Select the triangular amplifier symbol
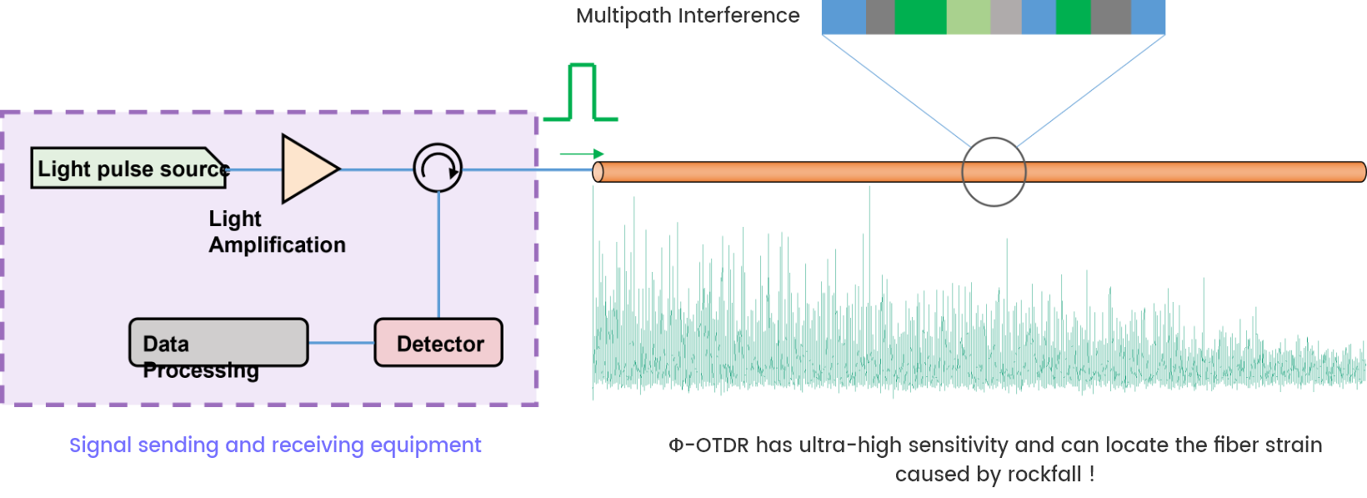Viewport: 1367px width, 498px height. point(307,169)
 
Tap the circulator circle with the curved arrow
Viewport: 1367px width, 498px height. point(438,169)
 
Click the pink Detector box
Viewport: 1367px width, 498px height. point(438,343)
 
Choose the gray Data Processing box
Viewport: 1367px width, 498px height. point(218,343)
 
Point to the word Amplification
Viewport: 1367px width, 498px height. point(277,245)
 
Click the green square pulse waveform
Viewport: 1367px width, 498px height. point(582,92)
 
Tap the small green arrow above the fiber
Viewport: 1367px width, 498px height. point(582,154)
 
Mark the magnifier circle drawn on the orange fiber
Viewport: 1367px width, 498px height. point(994,172)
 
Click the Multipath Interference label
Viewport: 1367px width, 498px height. point(688,16)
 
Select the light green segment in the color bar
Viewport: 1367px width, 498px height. point(969,18)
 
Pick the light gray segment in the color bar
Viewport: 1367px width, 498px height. point(1006,18)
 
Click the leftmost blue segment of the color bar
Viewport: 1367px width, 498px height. point(844,18)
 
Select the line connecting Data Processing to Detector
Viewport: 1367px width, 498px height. point(342,343)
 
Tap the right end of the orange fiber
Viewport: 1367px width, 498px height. point(1360,173)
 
